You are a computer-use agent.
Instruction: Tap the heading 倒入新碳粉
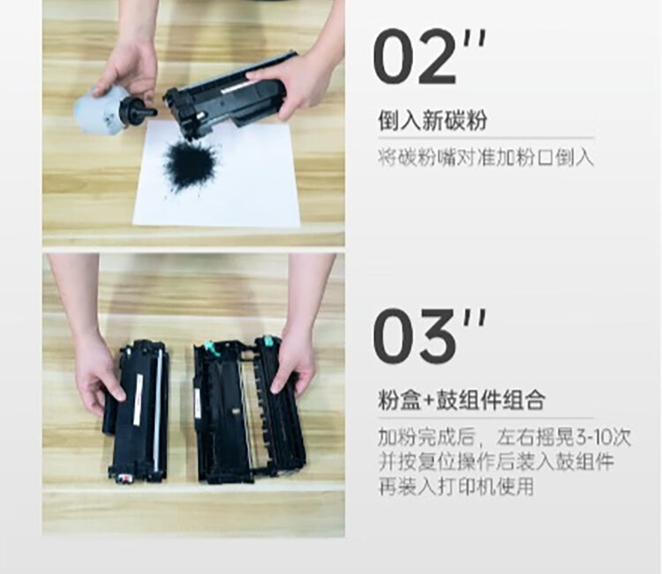(432, 121)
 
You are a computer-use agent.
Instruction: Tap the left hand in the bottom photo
(97, 371)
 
